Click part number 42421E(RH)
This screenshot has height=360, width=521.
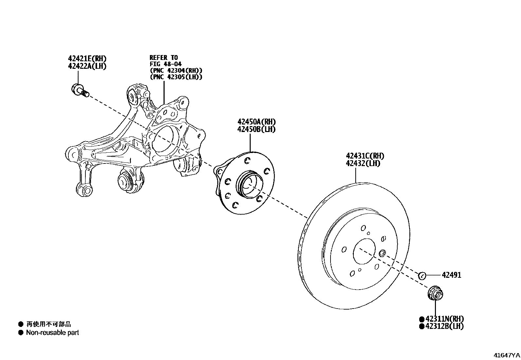click(87, 59)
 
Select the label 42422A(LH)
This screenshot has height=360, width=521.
click(87, 66)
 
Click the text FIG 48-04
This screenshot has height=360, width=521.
click(166, 64)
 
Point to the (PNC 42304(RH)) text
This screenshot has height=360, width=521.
click(176, 70)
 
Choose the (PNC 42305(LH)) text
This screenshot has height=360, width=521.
click(176, 77)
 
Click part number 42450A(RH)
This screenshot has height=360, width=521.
click(256, 122)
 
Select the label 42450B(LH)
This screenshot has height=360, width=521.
click(256, 129)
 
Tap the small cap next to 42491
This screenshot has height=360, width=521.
click(422, 275)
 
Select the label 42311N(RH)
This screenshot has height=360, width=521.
click(444, 319)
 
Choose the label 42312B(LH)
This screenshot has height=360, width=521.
click(444, 326)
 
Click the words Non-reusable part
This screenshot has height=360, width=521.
click(52, 333)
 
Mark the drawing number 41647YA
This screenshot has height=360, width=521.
click(507, 355)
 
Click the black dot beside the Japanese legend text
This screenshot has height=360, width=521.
click(21, 324)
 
